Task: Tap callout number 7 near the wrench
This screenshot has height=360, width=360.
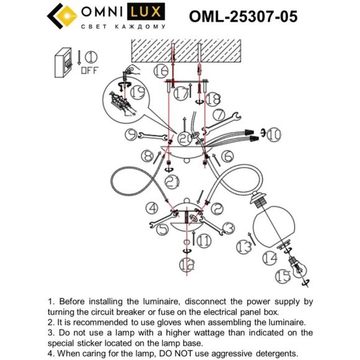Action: (x=218, y=115)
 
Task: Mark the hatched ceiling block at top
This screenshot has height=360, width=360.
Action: (x=185, y=48)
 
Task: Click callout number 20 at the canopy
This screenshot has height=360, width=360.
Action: (x=185, y=139)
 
